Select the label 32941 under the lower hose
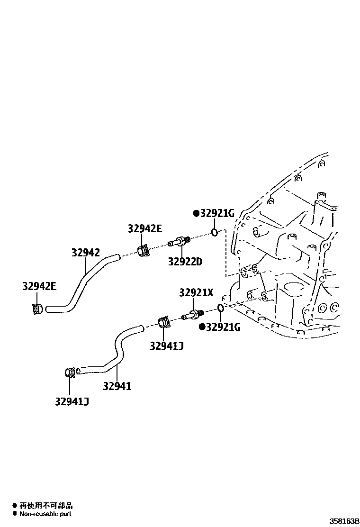tap(117, 386)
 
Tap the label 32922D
tap(185, 261)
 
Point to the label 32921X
tap(196, 293)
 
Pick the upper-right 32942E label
tap(144, 229)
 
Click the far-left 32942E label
tap(39, 286)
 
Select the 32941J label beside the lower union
tap(167, 346)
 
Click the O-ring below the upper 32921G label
tap(215, 232)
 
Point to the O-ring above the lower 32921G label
tap(221, 309)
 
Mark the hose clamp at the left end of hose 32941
tap(69, 372)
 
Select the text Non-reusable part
tap(45, 513)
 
